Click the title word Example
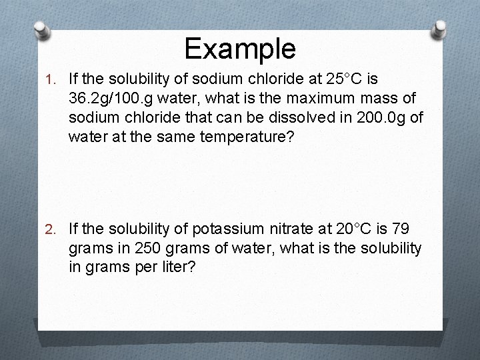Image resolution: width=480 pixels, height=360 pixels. coord(240,48)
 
